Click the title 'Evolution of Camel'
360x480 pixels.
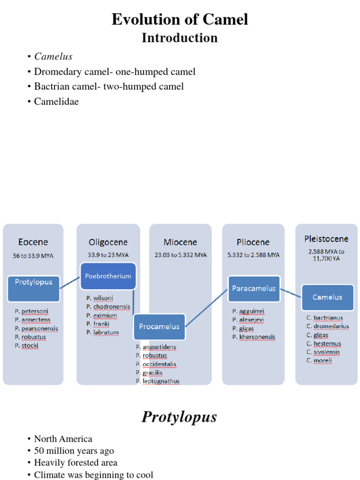point(180,20)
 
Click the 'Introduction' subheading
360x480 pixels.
point(180,38)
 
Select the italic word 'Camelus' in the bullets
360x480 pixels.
point(53,57)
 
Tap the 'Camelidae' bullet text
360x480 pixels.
point(56,101)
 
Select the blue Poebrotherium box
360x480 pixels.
point(108,277)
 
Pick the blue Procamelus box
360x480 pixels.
point(159,327)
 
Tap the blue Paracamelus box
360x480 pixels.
point(254,289)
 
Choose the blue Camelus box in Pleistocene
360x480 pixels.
point(327,297)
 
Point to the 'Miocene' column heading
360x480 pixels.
point(180,242)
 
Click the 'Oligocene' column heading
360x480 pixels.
point(108,242)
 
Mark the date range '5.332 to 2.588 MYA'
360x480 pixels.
point(254,255)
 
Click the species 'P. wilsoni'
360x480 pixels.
point(99,298)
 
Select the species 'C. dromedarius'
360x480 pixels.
point(328,326)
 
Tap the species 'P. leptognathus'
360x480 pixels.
point(157,381)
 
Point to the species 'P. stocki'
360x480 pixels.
point(27,345)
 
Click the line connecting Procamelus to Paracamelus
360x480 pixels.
point(206,306)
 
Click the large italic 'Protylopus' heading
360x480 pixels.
point(180,417)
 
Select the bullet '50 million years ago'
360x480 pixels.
point(74,451)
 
